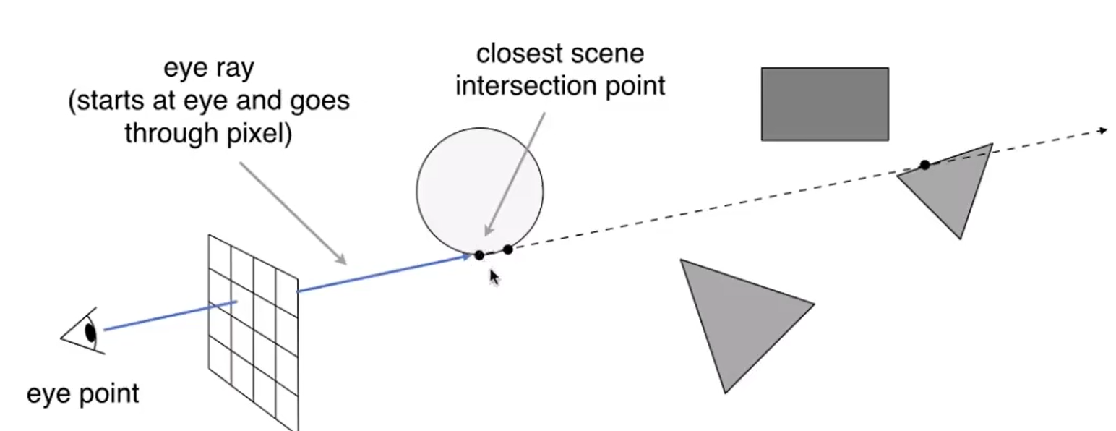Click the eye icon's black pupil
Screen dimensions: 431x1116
pyautogui.click(x=90, y=332)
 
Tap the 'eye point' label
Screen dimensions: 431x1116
pyautogui.click(x=82, y=394)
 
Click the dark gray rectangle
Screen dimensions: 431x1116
pyautogui.click(x=824, y=103)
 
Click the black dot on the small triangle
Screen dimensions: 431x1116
pyautogui.click(x=924, y=165)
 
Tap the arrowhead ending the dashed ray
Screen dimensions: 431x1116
pyautogui.click(x=1103, y=130)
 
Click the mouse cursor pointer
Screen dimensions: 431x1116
pyautogui.click(x=494, y=277)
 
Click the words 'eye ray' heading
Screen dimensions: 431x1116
pyautogui.click(x=208, y=70)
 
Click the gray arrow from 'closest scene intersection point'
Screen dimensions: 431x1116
pyautogui.click(x=515, y=174)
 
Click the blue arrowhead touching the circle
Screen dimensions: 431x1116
pyautogui.click(x=467, y=257)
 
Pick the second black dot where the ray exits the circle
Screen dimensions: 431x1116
pyautogui.click(x=508, y=249)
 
